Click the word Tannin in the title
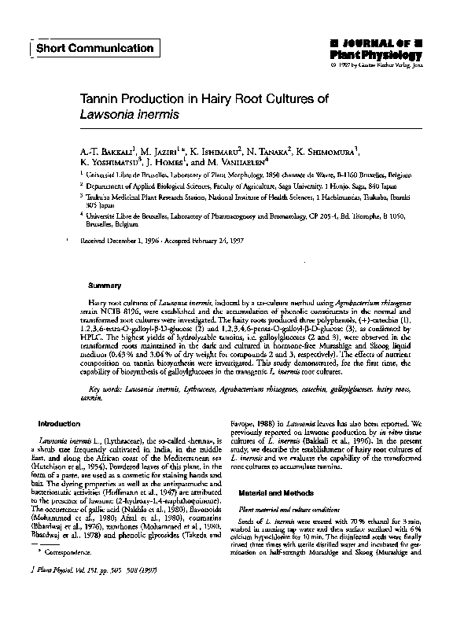click(102, 100)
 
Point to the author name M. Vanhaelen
click(234, 161)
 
